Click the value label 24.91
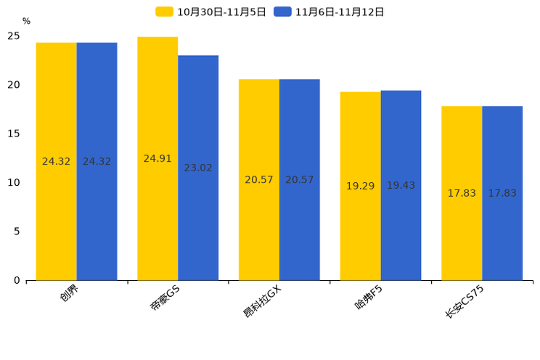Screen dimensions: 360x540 click(157, 159)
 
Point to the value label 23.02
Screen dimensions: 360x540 click(198, 168)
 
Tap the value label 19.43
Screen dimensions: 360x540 click(401, 186)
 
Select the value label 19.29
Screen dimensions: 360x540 click(360, 187)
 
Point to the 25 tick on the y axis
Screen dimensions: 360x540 click(14, 36)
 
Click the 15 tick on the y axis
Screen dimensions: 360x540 click(14, 134)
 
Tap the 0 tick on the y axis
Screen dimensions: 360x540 click(17, 280)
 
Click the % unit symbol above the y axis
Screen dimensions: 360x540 click(26, 22)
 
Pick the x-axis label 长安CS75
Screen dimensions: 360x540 click(465, 301)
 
